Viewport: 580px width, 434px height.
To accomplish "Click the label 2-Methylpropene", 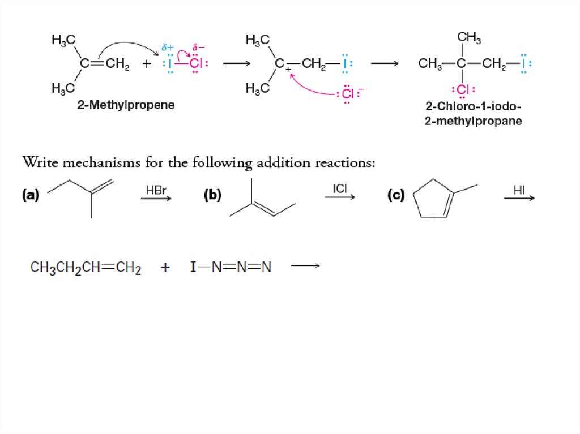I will point(126,105).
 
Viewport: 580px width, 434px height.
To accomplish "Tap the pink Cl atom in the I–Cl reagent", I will point(195,63).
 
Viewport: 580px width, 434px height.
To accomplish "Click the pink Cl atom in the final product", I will point(462,90).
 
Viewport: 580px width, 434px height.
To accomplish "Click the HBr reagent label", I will point(156,190).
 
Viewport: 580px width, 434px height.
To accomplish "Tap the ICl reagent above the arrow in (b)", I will point(340,188).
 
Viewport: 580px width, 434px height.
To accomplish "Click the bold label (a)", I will point(31,195).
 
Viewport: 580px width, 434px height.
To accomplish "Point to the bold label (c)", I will point(395,195).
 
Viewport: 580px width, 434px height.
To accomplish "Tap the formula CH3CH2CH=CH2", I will point(86,267).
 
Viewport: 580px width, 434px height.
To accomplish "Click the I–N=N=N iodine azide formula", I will point(231,267).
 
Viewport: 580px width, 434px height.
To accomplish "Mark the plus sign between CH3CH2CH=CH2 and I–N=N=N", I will point(165,268).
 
